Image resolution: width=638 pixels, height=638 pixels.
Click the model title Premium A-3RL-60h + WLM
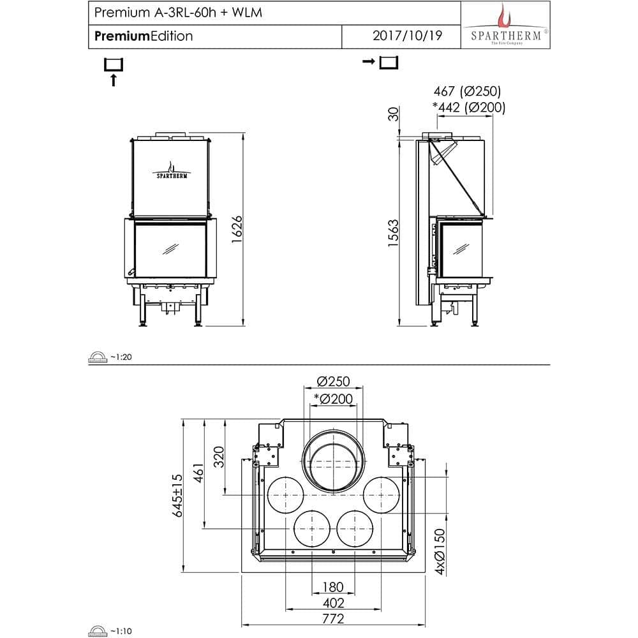(x=178, y=13)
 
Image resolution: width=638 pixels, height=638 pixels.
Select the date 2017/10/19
(x=406, y=36)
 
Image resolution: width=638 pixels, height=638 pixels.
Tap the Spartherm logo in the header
(x=505, y=26)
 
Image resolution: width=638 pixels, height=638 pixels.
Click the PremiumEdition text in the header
(x=144, y=36)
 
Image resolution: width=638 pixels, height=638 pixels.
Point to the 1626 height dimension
(x=236, y=230)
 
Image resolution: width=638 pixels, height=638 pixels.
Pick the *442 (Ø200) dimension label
(x=468, y=108)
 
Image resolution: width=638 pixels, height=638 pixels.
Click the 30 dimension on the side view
(x=394, y=114)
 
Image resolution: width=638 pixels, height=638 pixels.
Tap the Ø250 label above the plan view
(x=334, y=382)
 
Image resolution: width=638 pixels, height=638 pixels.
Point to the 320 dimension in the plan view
(x=219, y=456)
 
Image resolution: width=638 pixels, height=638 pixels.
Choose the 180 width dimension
(x=333, y=587)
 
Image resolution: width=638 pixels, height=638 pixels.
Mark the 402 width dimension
(x=333, y=603)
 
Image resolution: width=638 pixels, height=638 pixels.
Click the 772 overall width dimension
(x=333, y=618)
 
